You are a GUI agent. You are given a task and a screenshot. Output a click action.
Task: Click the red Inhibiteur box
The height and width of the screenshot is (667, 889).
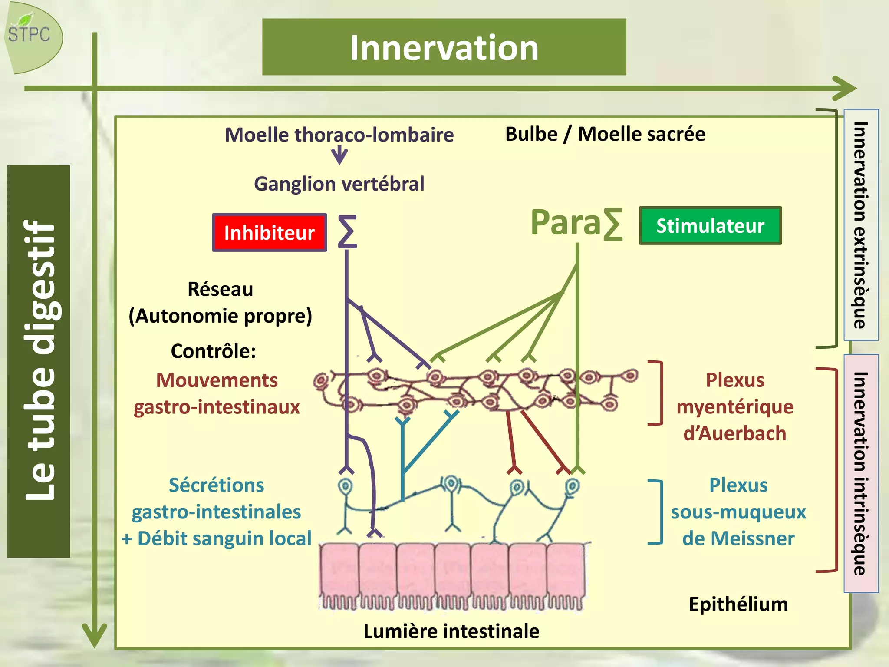269,233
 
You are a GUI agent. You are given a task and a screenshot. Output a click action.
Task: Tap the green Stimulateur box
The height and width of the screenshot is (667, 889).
710,226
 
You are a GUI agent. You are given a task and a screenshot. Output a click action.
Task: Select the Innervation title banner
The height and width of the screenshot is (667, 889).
444,47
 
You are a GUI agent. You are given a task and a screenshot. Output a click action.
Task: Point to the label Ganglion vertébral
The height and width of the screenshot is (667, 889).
339,184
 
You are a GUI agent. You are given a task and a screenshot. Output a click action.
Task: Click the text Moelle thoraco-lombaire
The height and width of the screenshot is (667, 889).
339,135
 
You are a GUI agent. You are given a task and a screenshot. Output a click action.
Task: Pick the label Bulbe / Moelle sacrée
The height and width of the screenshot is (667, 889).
605,134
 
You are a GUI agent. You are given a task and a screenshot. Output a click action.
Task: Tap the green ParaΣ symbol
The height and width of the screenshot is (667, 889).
576,223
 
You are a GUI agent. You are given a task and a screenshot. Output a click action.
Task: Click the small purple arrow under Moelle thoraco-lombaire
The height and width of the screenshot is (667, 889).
339,155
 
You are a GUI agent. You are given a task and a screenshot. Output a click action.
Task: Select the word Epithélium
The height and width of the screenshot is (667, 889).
738,604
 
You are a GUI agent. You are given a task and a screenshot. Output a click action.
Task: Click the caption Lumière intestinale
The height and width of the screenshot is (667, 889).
451,631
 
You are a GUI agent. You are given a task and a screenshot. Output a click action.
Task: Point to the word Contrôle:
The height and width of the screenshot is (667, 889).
213,351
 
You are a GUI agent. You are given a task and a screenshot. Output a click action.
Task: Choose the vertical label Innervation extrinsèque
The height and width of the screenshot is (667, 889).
860,225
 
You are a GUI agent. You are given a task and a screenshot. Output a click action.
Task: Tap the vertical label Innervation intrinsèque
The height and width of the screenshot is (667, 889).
860,473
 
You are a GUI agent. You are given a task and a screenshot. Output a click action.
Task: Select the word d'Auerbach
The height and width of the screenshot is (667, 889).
734,433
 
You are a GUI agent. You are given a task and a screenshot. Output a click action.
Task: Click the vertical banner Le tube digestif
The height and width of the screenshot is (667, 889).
39,361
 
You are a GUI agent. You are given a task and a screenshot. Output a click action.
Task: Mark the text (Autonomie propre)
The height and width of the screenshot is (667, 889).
221,316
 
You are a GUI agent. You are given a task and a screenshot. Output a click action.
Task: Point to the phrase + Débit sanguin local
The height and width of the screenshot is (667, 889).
216,538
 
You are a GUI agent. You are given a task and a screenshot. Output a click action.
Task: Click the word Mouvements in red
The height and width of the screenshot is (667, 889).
217,380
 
